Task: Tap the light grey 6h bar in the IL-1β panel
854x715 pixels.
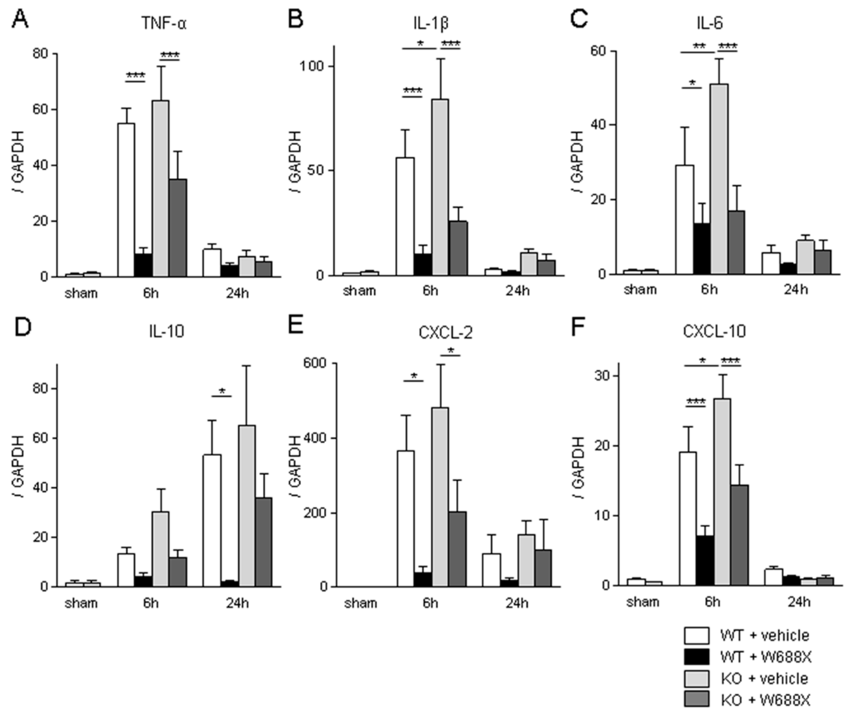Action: coord(440,187)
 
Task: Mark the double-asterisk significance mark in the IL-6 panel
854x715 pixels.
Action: coord(699,47)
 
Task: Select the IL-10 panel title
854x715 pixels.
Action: coord(166,331)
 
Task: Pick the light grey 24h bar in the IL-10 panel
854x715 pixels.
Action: coord(247,506)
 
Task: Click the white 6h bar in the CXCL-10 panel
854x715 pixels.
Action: coord(688,518)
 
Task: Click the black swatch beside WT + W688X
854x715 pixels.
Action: coord(696,657)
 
